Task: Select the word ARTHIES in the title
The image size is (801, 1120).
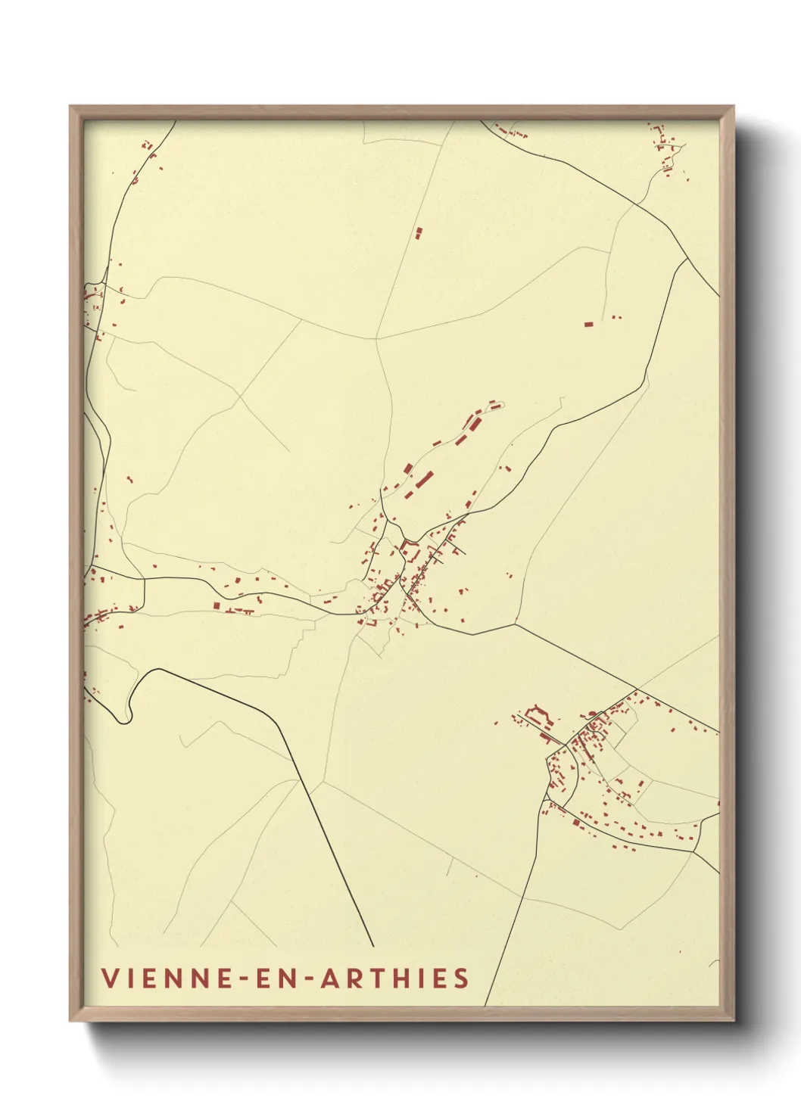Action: pos(394,978)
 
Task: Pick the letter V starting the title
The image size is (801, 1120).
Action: pos(109,978)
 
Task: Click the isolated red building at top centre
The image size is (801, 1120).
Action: pos(418,233)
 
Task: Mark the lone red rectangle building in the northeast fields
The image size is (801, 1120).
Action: pos(588,324)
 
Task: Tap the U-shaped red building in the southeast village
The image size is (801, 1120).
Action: pos(539,713)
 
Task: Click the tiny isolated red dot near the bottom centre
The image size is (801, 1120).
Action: pos(476,876)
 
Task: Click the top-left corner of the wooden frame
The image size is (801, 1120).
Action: pos(70,107)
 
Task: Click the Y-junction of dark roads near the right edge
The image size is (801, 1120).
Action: pos(687,259)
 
